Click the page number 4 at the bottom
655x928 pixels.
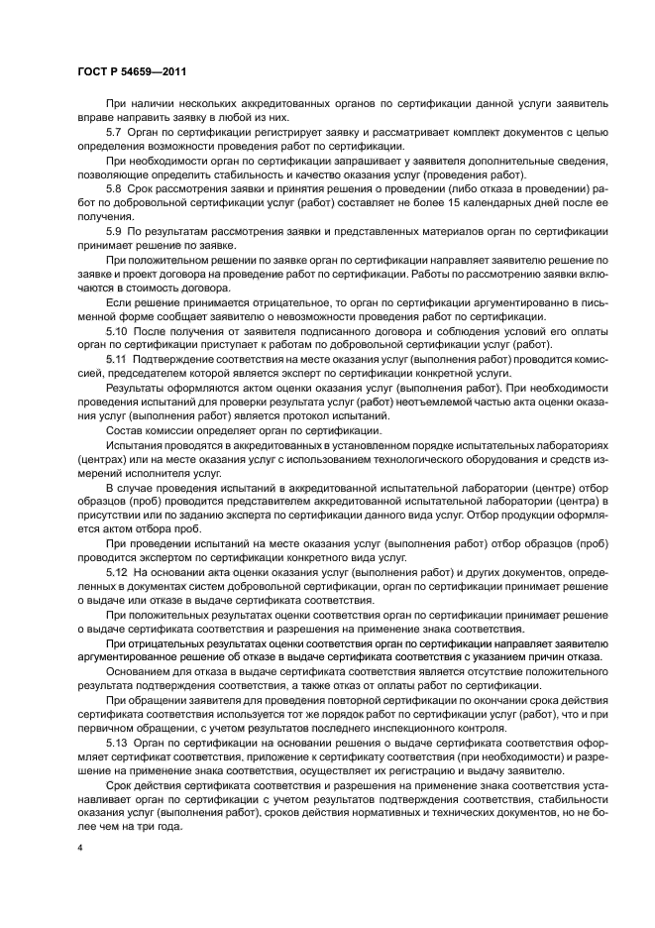[x=78, y=849]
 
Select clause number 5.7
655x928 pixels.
[x=114, y=132]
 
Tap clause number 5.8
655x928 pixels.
[x=114, y=188]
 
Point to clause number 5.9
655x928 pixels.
[x=114, y=231]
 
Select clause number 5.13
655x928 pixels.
[x=117, y=742]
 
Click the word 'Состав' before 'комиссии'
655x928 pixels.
[x=125, y=429]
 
